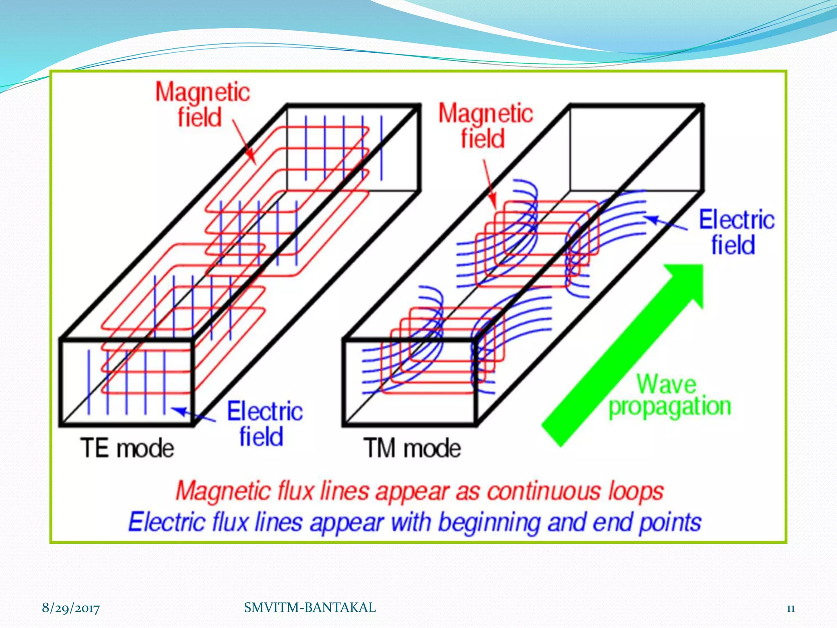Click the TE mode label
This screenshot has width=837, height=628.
click(x=127, y=448)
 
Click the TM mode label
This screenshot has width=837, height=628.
click(x=412, y=448)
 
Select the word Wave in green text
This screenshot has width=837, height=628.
click(x=666, y=384)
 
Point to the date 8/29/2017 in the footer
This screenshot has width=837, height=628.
click(x=71, y=608)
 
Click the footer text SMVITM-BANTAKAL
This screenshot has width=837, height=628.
click(x=310, y=608)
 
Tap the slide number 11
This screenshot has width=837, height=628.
click(x=790, y=608)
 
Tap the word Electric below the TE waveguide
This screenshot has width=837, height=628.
click(x=265, y=411)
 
